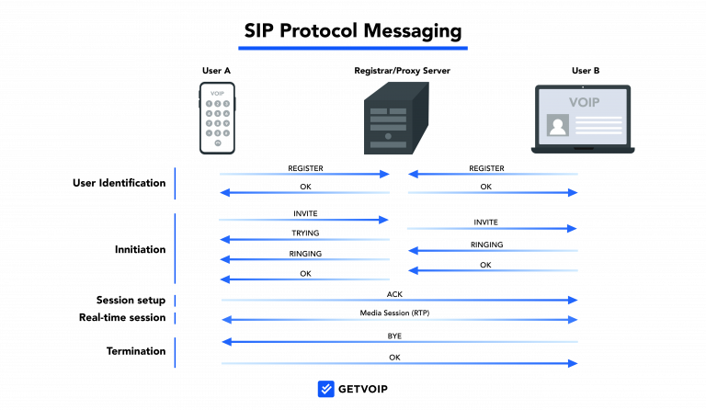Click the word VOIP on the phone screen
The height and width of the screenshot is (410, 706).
(x=217, y=93)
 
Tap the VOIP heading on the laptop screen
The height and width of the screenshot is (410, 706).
(x=584, y=102)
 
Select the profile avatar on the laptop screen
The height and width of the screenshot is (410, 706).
(x=558, y=125)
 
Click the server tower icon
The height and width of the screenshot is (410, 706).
(x=396, y=119)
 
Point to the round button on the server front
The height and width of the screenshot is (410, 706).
(x=388, y=136)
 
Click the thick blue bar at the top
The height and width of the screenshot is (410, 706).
(x=353, y=47)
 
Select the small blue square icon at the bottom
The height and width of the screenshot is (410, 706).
(x=326, y=389)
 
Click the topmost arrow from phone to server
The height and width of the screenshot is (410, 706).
(x=304, y=174)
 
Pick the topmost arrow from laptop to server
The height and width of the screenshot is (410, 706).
(x=494, y=174)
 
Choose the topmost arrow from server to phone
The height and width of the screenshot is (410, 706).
(x=304, y=192)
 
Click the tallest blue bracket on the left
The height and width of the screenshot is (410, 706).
(x=176, y=248)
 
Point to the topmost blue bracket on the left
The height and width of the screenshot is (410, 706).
(x=176, y=183)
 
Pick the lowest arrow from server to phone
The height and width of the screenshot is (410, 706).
(x=304, y=279)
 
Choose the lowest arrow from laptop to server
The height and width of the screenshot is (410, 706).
(x=494, y=270)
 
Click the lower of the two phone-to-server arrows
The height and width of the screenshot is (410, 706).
(x=304, y=220)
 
